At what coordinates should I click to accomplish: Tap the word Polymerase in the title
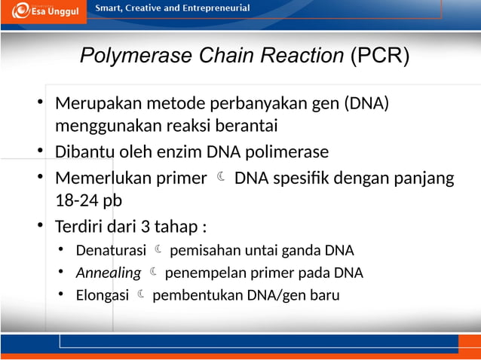click(x=126, y=56)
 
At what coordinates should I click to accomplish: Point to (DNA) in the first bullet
click(x=366, y=102)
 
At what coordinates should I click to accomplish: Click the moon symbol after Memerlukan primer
click(x=220, y=178)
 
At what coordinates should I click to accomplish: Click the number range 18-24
click(x=74, y=201)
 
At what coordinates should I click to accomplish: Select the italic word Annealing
click(x=109, y=273)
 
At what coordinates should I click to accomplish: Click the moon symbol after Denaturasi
click(x=159, y=249)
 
